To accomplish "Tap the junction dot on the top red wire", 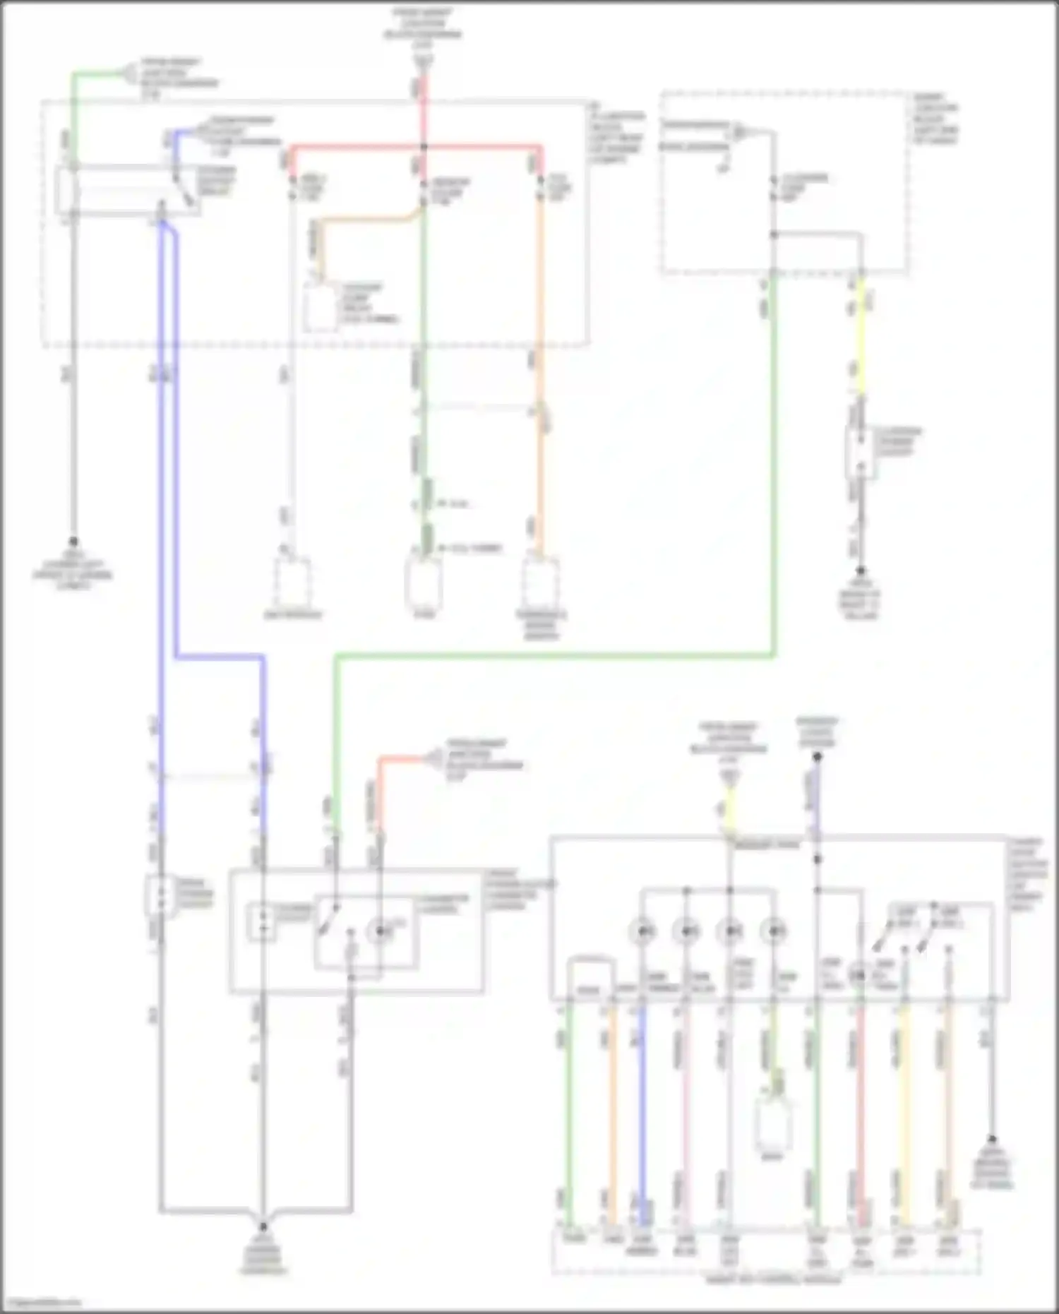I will pyautogui.click(x=424, y=148).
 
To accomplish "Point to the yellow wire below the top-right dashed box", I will pyautogui.click(x=861, y=339).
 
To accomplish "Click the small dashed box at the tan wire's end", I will pyautogui.click(x=319, y=309).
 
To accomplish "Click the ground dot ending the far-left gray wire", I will pyautogui.click(x=73, y=542).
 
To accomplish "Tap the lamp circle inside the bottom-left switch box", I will pyautogui.click(x=380, y=931).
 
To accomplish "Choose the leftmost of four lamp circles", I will pyautogui.click(x=642, y=931).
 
